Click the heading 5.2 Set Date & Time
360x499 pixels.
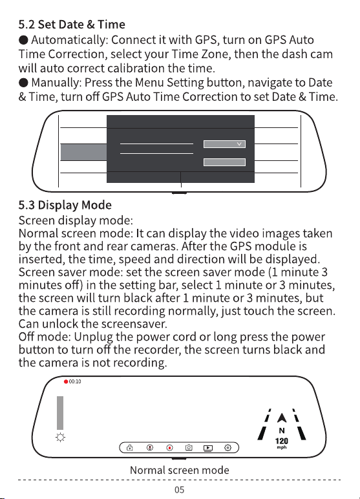point(72,24)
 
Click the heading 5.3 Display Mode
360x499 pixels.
point(65,205)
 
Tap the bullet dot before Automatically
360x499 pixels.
point(23,40)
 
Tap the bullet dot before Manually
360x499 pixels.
point(23,83)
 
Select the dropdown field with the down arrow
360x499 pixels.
point(224,144)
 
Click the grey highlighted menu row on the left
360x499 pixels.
point(83,152)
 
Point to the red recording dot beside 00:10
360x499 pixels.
point(66,381)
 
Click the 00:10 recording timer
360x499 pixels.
point(75,381)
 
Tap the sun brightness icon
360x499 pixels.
point(60,437)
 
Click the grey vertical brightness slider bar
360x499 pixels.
point(60,413)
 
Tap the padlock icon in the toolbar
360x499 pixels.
point(130,448)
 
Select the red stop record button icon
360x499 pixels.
point(169,448)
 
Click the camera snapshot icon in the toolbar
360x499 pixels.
point(189,448)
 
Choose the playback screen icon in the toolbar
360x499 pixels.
point(208,448)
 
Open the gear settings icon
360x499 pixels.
point(228,448)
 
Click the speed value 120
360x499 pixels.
point(282,441)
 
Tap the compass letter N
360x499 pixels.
point(282,430)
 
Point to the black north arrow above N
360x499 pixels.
point(282,418)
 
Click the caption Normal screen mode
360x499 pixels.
point(180,470)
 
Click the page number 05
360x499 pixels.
point(180,489)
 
